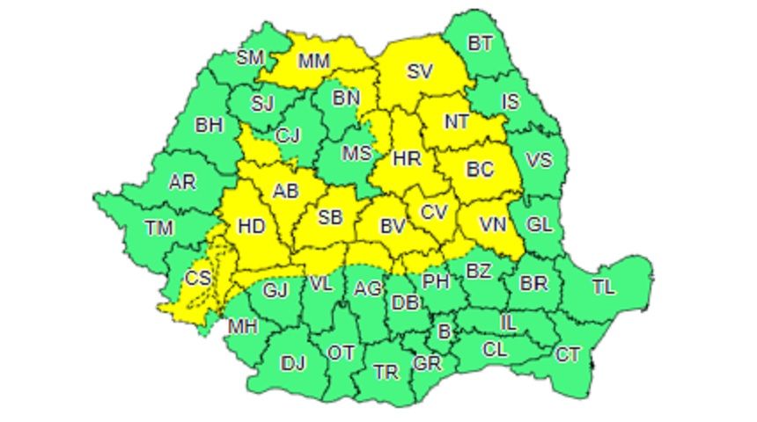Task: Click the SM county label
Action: coord(250,58)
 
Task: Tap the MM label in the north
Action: coord(314,62)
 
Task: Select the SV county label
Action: coord(419,72)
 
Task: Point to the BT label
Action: coord(479,43)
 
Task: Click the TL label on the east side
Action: coord(604,287)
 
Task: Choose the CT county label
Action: coord(568,354)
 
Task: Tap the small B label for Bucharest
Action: coord(444,331)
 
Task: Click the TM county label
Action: coord(158,228)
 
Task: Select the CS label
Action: coord(199,279)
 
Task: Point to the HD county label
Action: coord(252,226)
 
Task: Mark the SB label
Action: coord(330,217)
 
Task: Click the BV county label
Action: coord(392,226)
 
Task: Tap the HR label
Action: coord(406,159)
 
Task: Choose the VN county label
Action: coord(493,225)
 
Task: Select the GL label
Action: coord(539,224)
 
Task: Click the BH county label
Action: coord(209,125)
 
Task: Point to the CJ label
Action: coord(287,135)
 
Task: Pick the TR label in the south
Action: coord(386,372)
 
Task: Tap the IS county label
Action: coord(511,102)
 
